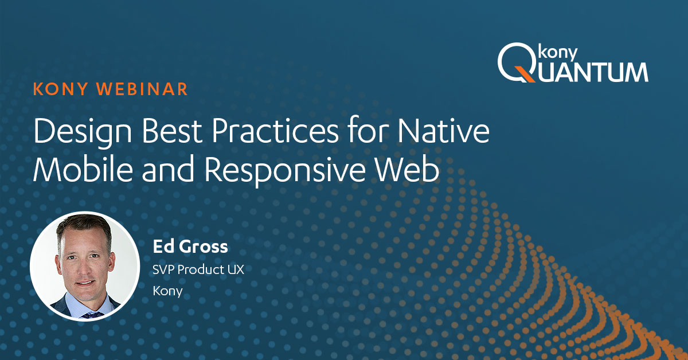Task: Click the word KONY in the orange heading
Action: [x=61, y=89]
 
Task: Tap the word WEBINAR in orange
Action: [x=142, y=89]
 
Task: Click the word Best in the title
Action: [x=171, y=131]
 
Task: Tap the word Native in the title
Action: [x=444, y=131]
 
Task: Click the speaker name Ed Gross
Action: [x=190, y=246]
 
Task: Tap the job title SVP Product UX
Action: [x=198, y=269]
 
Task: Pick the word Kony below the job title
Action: [x=167, y=291]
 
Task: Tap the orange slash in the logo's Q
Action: [x=525, y=75]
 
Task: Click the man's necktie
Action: [x=92, y=315]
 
